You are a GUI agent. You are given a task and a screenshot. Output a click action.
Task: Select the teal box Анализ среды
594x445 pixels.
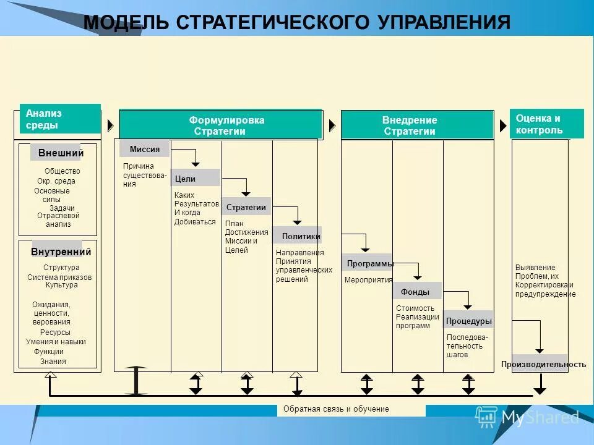pyautogui.click(x=60, y=119)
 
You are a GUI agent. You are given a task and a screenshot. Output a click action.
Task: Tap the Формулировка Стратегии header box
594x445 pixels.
pyautogui.click(x=220, y=125)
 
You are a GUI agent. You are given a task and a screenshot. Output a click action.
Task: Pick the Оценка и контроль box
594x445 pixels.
pyautogui.click(x=547, y=124)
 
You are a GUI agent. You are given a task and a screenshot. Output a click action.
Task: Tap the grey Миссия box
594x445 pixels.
pyautogui.click(x=145, y=149)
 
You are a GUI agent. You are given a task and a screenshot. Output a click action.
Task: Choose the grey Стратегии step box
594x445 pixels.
pyautogui.click(x=246, y=207)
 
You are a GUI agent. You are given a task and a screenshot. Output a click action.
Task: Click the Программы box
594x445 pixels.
pyautogui.click(x=368, y=263)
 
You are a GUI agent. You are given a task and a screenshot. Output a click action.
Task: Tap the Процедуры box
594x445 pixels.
pyautogui.click(x=468, y=321)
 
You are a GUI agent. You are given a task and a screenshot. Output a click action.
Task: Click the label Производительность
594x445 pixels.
pyautogui.click(x=543, y=364)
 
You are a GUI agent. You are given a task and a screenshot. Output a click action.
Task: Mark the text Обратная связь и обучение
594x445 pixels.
pyautogui.click(x=335, y=409)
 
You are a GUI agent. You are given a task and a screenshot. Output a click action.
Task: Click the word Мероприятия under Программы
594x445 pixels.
pyautogui.click(x=368, y=279)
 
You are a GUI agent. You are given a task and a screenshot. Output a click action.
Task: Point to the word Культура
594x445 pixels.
pyautogui.click(x=61, y=285)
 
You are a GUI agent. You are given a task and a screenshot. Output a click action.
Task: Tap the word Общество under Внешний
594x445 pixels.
pyautogui.click(x=62, y=171)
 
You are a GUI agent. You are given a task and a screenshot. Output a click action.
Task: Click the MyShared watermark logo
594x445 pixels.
pyautogui.click(x=527, y=418)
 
